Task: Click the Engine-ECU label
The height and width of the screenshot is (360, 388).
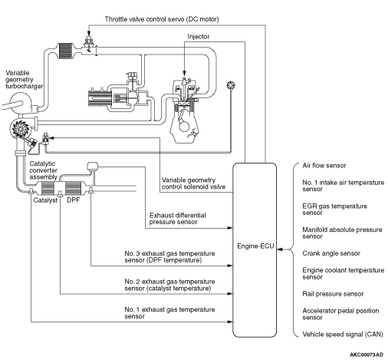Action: pyautogui.click(x=255, y=246)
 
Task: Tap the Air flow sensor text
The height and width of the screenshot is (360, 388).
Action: pyautogui.click(x=324, y=166)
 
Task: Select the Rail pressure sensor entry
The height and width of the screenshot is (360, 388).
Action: pyautogui.click(x=333, y=294)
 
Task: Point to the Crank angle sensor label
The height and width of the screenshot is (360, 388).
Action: pyautogui.click(x=331, y=253)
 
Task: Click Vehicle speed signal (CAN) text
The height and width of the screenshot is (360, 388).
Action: pyautogui.click(x=343, y=335)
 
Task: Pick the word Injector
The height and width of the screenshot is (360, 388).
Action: pyautogui.click(x=199, y=37)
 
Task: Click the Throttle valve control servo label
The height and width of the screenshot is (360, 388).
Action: pyautogui.click(x=162, y=19)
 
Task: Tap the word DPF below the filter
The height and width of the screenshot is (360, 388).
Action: pyautogui.click(x=73, y=200)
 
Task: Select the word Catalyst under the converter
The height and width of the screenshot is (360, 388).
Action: pyautogui.click(x=45, y=200)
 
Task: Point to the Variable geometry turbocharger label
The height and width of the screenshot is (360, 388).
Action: pyautogui.click(x=25, y=80)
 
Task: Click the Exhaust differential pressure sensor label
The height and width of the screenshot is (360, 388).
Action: pyautogui.click(x=178, y=219)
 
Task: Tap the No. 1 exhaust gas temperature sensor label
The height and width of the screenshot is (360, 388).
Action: pyautogui.click(x=169, y=313)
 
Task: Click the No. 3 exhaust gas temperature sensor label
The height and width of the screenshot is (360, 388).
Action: pyautogui.click(x=169, y=257)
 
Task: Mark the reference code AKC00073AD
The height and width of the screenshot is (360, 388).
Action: pyautogui.click(x=367, y=355)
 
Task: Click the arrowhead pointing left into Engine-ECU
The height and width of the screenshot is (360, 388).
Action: pyautogui.click(x=280, y=249)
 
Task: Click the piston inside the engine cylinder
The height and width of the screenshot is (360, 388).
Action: pyautogui.click(x=183, y=106)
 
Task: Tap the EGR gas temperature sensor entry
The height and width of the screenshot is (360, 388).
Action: pyautogui.click(x=334, y=210)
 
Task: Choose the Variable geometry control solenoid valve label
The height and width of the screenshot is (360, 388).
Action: pyautogui.click(x=193, y=183)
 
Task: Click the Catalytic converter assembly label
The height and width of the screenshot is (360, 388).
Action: pyautogui.click(x=43, y=170)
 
